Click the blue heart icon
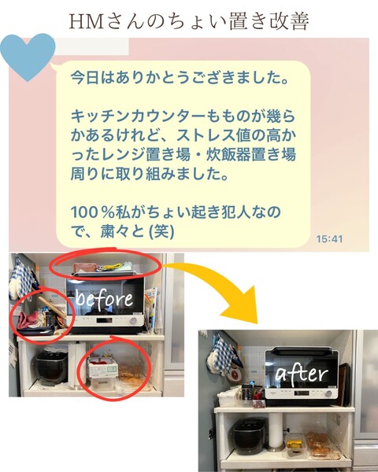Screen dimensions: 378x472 (28, 56)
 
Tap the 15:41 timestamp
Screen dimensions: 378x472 (329, 239)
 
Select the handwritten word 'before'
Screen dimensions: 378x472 (104, 299)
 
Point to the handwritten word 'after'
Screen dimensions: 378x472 (302, 374)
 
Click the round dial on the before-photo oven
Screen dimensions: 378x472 (133, 321)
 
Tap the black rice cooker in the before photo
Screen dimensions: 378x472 (51, 367)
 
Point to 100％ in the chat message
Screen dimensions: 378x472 (91, 212)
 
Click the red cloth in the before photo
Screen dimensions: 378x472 (28, 320)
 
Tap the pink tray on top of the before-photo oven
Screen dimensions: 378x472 (85, 267)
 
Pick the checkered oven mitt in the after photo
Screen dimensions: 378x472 (222, 355)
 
